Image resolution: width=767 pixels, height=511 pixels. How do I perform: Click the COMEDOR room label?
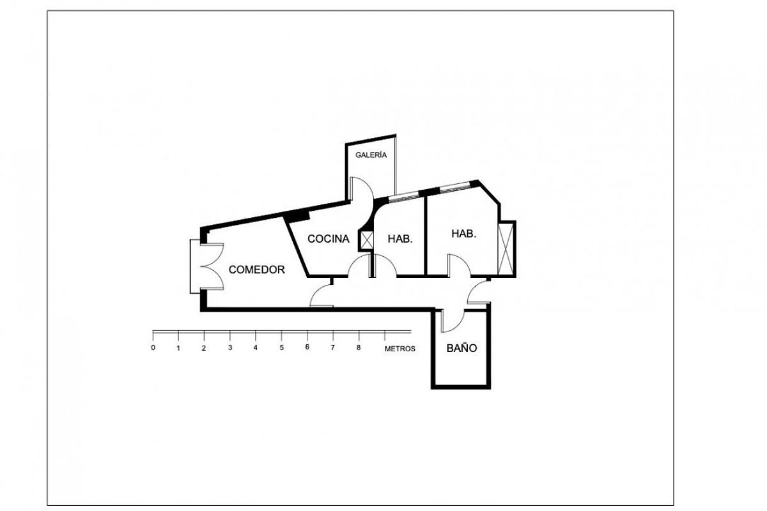[x=257, y=270]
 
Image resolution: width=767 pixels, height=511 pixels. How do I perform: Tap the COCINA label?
[x=329, y=239]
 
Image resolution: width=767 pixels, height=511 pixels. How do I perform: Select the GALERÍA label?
[x=371, y=155]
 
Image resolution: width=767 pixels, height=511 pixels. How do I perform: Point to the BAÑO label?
[x=461, y=349]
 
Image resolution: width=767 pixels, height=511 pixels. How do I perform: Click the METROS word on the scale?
[x=400, y=349]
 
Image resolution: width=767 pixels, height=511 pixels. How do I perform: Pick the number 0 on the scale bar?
[x=153, y=348]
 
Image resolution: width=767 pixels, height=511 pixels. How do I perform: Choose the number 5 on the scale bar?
[x=281, y=348]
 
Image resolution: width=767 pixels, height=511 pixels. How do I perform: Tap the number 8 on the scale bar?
[x=359, y=348]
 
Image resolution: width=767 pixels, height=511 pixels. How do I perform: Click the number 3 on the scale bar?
[x=229, y=348]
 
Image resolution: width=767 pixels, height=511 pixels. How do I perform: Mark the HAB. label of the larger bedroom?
[x=464, y=234]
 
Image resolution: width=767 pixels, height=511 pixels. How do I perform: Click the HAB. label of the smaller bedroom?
[x=401, y=239]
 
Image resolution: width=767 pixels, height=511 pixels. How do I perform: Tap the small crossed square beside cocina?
[x=368, y=240]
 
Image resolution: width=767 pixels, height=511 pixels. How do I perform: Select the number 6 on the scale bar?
[x=307, y=348]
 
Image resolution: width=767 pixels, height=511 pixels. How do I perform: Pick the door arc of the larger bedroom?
[x=458, y=264]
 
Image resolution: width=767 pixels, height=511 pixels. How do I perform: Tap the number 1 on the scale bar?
[x=178, y=348]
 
